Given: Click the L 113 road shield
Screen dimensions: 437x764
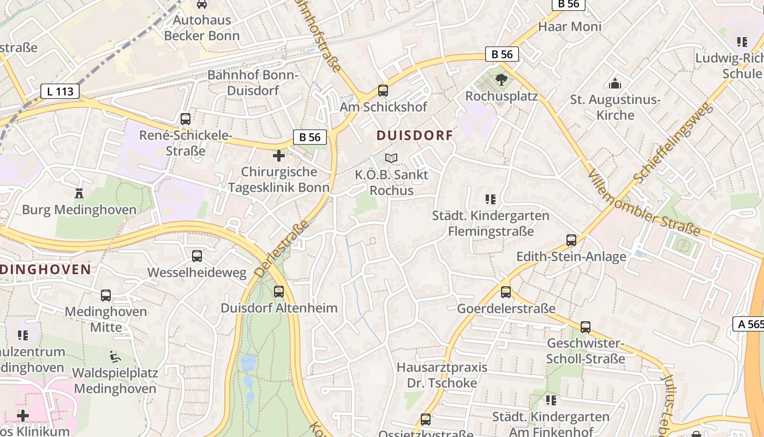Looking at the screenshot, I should click(x=60, y=91).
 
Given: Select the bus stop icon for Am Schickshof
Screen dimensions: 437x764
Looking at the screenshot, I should click(x=383, y=91).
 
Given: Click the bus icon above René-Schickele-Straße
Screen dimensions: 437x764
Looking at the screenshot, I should click(x=186, y=119).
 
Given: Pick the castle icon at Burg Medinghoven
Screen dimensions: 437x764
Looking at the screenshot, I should click(x=80, y=193).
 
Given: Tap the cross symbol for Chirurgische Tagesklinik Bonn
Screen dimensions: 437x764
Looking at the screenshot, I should click(x=279, y=156).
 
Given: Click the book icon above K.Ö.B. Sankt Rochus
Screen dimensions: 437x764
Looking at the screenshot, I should click(x=391, y=158).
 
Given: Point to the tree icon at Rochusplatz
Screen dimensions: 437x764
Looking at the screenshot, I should click(x=501, y=80).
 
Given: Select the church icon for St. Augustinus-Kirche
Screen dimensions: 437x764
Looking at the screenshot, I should click(x=615, y=84).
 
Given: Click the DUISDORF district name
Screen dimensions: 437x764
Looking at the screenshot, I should click(x=415, y=135).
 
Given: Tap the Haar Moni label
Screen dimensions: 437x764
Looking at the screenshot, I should click(x=570, y=26).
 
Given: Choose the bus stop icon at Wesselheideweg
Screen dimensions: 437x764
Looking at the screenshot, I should click(x=197, y=256).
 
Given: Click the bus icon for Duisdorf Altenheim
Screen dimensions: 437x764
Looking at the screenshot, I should click(x=279, y=291).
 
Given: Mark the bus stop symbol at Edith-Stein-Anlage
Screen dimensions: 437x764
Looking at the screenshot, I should click(x=571, y=240).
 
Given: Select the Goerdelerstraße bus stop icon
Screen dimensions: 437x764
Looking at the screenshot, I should click(x=506, y=292).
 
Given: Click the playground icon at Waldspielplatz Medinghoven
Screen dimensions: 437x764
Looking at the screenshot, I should click(x=115, y=356).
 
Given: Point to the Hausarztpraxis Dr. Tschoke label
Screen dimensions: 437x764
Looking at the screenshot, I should click(x=442, y=375).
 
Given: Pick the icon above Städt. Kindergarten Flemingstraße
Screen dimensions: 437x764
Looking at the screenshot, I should click(x=490, y=199).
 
